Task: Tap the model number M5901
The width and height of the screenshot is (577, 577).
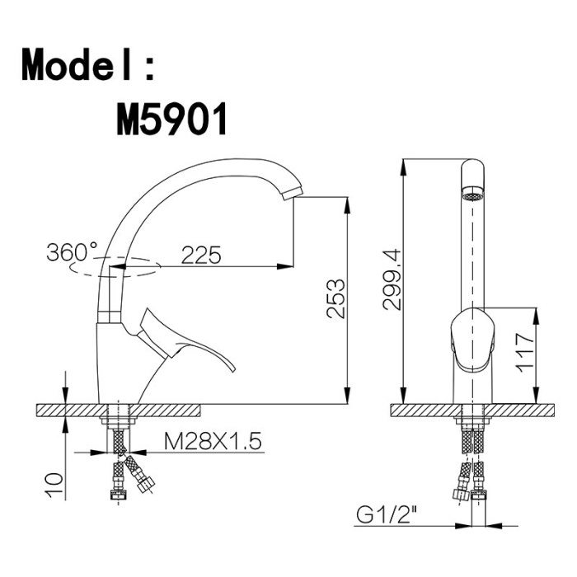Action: tap(171, 120)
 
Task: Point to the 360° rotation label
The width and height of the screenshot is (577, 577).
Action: tap(73, 252)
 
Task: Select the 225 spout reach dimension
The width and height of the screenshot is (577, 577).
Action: tap(201, 254)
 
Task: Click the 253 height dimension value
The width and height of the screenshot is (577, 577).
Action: tap(336, 298)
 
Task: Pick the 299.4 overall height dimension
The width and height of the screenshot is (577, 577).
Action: tap(392, 279)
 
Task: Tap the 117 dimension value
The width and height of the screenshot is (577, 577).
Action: tap(524, 353)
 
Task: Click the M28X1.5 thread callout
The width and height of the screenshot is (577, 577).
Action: tap(213, 441)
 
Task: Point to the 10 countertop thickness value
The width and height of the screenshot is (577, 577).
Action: tap(54, 485)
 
